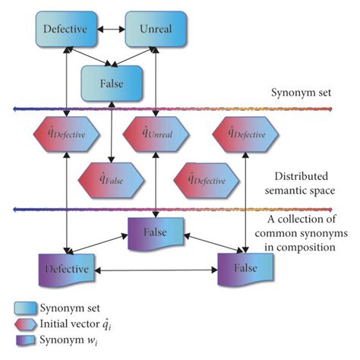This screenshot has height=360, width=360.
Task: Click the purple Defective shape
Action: (x=65, y=270)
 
